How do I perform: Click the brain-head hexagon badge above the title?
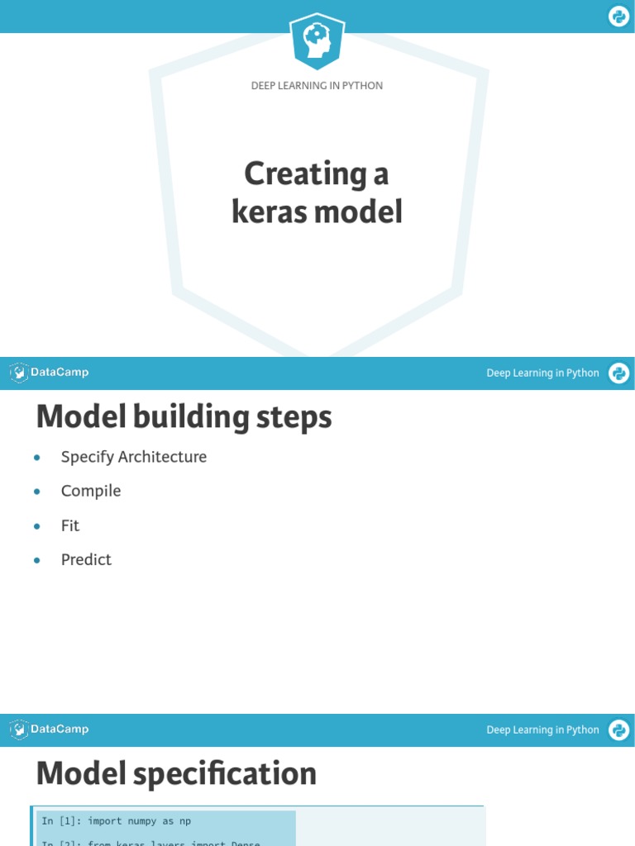317,40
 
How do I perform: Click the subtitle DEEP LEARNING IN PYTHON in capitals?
317,86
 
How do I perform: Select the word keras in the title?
264,212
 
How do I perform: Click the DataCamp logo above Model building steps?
50,373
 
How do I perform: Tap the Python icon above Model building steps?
618,373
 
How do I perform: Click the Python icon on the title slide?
618,17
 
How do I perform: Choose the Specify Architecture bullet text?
134,457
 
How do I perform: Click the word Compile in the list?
91,491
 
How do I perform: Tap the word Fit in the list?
70,525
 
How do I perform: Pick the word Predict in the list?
86,559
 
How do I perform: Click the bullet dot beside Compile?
37,492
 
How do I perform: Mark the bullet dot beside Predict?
37,560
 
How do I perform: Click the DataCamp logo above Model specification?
50,730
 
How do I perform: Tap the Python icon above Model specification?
618,730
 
